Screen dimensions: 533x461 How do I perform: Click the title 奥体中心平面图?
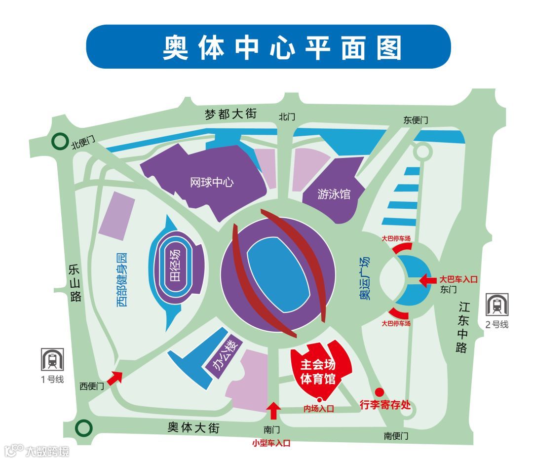pos(283,48)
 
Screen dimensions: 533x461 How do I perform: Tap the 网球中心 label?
pos(212,183)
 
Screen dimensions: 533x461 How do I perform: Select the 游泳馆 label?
pos(334,194)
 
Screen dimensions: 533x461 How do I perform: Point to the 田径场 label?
pos(175,265)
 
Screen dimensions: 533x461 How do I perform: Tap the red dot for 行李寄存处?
pos(379,392)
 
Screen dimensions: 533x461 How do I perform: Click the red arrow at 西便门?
pos(115,378)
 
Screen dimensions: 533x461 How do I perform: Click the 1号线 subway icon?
pos(52,360)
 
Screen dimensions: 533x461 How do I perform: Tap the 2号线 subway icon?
pos(497,305)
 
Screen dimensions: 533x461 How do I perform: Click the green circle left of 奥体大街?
pos(84,427)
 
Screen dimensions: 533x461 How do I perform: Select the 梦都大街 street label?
pos(231,115)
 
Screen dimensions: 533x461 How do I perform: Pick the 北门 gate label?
pos(287,117)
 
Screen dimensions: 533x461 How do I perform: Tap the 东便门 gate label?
pos(416,120)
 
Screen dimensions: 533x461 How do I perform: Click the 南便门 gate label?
pos(396,436)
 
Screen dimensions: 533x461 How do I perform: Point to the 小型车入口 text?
pos(271,443)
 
